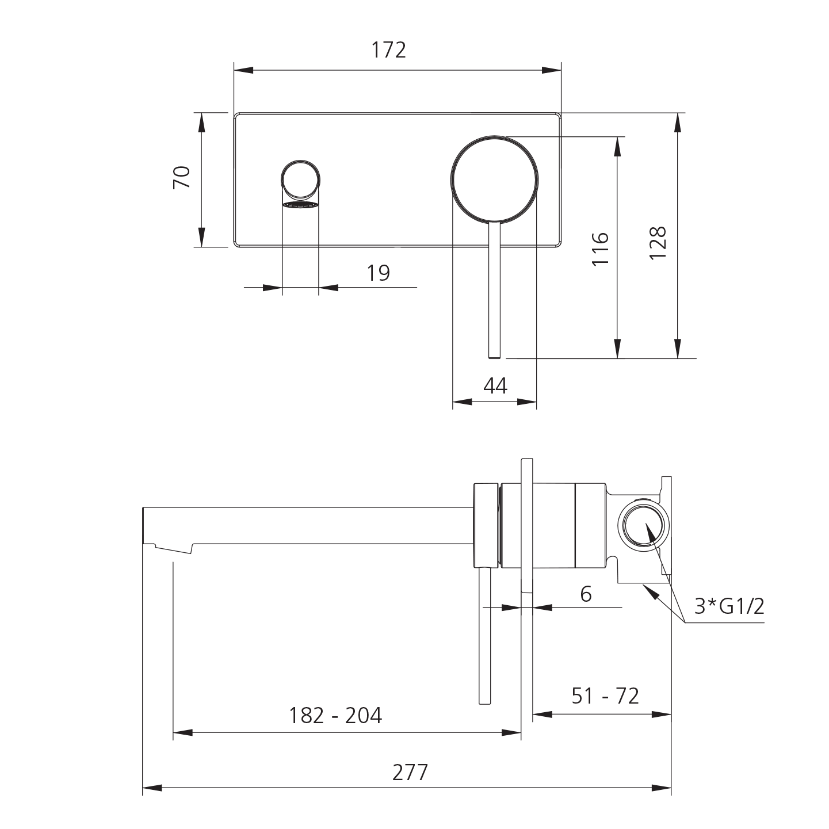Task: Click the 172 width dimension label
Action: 388,51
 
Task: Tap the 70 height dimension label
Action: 182,177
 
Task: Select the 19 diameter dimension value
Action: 378,273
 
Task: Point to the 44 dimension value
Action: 495,386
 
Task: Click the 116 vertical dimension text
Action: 600,249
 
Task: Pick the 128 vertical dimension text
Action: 657,243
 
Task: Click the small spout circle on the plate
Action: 300,179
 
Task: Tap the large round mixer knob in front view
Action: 495,178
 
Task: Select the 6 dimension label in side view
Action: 586,594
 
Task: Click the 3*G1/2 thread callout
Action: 729,606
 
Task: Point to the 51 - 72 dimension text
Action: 605,696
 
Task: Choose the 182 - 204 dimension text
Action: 335,716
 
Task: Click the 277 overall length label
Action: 410,773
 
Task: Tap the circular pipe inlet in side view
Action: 644,526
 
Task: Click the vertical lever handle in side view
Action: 485,636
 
